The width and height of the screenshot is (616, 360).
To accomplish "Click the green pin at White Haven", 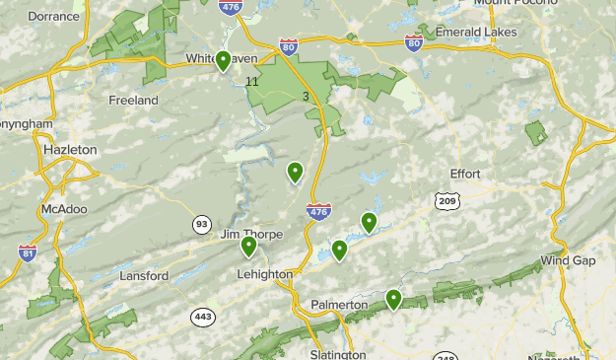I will pos(224,61).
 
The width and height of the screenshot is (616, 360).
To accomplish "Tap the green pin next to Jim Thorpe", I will pos(248,246).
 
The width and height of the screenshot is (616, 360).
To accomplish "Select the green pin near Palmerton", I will pos(393,298).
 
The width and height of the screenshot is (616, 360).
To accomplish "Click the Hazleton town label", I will pos(70,149).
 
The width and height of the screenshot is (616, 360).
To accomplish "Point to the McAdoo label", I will pos(64,209).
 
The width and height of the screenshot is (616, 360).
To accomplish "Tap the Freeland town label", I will pos(134,101).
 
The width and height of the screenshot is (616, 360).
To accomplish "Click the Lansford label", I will pos(144,276).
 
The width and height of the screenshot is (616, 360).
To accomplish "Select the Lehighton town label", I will pos(265,274).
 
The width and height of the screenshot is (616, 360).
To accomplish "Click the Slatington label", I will pos(337,353).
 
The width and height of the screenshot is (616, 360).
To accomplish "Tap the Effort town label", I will pos(465,174).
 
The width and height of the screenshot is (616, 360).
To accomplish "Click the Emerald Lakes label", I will pos(477,33).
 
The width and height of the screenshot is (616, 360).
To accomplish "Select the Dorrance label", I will pos(52,17).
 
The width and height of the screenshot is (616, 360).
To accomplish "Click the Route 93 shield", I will pos(202,224).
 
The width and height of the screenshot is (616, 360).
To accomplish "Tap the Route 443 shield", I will pos(203,317).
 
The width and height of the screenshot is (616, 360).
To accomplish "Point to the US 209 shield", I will pos(446,201).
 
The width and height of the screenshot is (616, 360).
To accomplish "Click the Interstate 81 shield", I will pos(28,253).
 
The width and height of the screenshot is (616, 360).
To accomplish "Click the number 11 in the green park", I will pos(252,81).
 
